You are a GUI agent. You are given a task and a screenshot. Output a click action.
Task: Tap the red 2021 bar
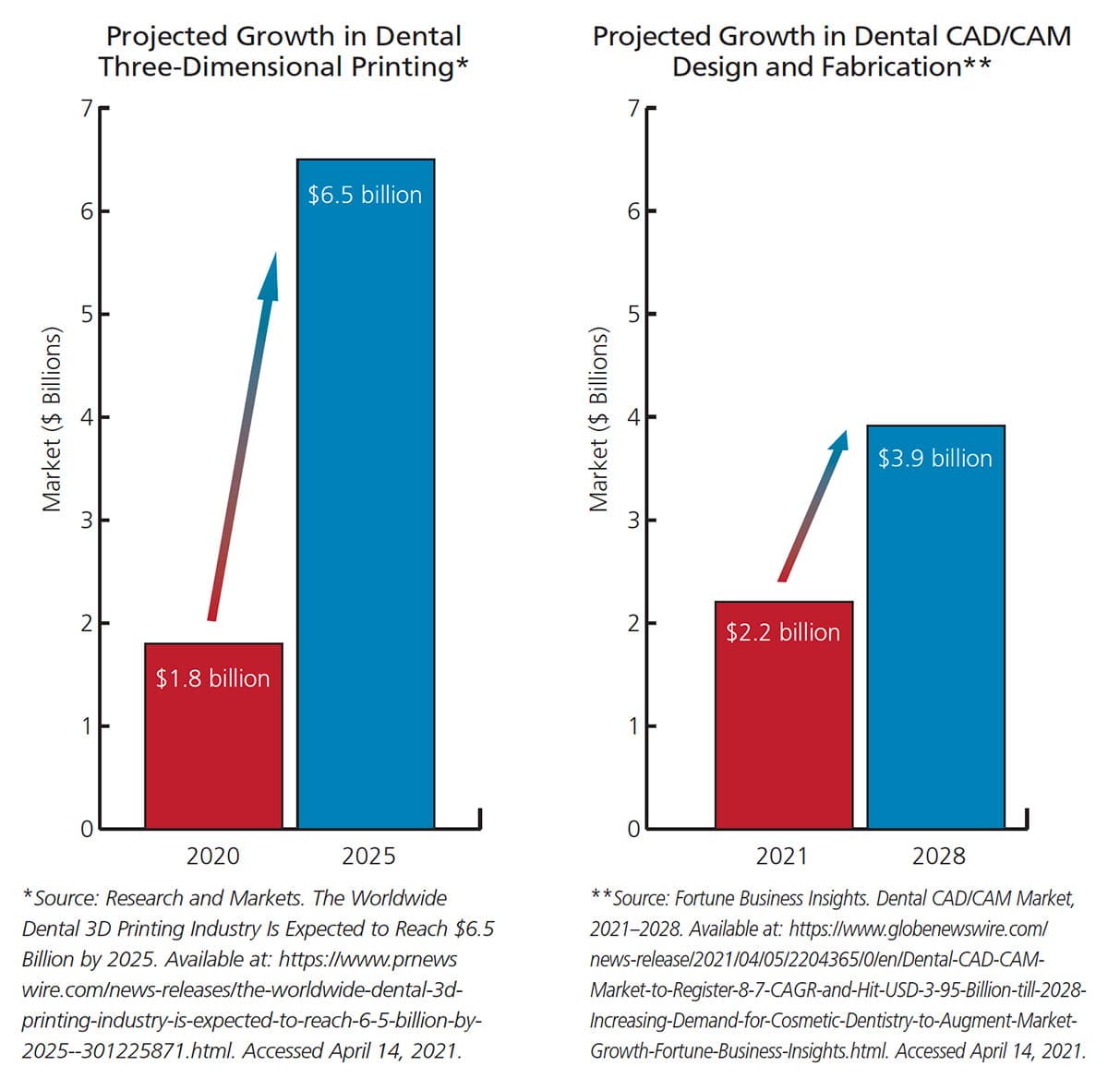tap(783, 729)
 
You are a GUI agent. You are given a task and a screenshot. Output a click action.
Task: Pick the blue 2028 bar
tap(935, 646)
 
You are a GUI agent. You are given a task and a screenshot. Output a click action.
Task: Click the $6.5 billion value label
tap(365, 195)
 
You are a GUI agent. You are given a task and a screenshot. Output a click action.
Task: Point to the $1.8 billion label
tap(212, 678)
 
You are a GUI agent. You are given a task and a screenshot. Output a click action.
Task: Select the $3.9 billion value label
tap(934, 459)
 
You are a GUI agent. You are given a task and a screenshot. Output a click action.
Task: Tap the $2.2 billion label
tap(783, 632)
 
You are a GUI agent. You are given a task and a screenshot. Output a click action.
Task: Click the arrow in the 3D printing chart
tap(242, 434)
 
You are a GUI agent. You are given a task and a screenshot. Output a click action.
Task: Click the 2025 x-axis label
tap(368, 856)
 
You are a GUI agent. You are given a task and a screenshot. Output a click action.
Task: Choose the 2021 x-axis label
tap(782, 856)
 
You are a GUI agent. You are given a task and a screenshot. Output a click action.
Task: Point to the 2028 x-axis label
tap(938, 856)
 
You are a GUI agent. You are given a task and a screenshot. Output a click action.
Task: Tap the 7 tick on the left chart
tap(87, 109)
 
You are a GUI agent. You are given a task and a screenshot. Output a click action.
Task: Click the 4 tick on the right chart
tap(633, 417)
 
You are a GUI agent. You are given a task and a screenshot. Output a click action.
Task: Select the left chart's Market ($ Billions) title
tap(52, 419)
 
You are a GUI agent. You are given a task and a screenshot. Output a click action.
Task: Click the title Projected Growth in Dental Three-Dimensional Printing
tap(283, 52)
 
